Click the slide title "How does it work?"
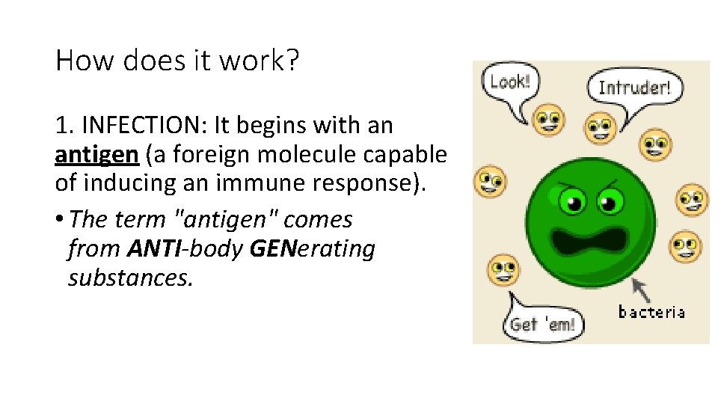click(x=177, y=60)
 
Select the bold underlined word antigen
click(x=96, y=154)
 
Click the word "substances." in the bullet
click(x=131, y=278)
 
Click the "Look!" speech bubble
click(x=509, y=82)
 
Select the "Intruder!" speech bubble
click(x=635, y=88)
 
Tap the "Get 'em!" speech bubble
click(x=542, y=324)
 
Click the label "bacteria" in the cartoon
click(x=651, y=311)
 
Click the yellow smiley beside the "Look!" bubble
click(x=550, y=119)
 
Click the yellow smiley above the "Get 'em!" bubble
click(x=502, y=269)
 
